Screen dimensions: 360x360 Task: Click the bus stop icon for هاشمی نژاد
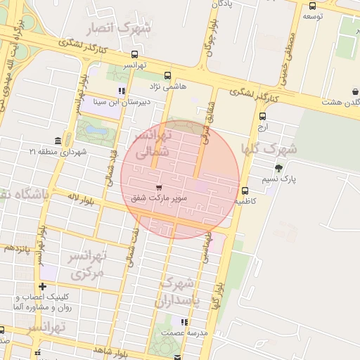167,76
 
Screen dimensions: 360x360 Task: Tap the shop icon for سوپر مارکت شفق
159,188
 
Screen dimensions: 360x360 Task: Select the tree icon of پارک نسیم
279,168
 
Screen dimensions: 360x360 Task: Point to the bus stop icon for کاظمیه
245,191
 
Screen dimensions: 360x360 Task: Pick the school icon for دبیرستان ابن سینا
122,91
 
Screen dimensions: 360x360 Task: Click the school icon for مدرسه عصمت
184,321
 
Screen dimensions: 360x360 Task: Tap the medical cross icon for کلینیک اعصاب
44,286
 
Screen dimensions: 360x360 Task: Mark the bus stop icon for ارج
262,117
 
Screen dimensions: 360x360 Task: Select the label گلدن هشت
340,103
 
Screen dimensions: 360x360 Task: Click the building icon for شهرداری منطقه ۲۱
57,141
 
